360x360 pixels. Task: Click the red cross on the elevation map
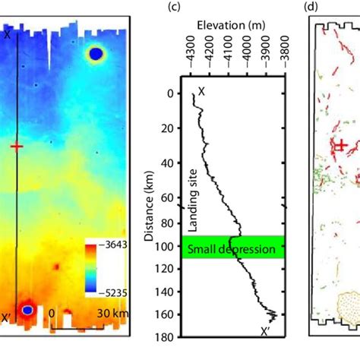click(17, 146)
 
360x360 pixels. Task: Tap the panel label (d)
click(311, 8)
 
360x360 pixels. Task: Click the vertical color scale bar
click(91, 262)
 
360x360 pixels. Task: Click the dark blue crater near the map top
click(96, 53)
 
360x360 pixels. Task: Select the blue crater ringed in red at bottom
click(27, 310)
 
